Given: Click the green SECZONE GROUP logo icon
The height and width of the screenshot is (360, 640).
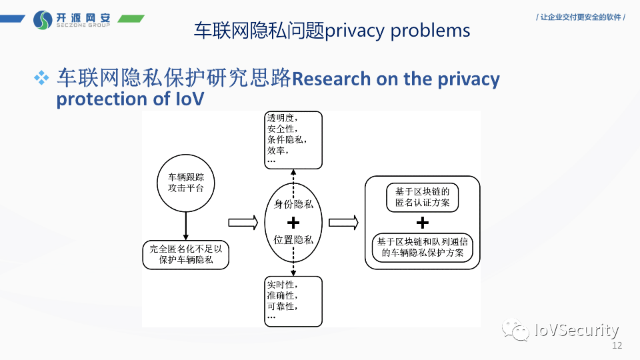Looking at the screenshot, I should click(x=43, y=19).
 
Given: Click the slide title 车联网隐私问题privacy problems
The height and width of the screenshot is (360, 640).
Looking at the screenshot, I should click(x=331, y=30).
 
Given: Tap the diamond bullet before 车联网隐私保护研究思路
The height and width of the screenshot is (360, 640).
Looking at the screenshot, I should click(x=43, y=78).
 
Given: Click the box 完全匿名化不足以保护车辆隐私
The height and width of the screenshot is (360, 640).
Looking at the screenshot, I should click(x=186, y=254).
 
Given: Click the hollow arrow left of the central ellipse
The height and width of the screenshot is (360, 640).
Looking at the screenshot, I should click(x=243, y=222).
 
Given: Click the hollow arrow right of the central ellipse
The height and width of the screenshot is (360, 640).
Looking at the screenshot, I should click(x=344, y=222).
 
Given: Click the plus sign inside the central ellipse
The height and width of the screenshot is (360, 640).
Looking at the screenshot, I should click(x=293, y=222).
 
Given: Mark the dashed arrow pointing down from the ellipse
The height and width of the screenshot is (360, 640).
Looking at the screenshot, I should click(x=293, y=267).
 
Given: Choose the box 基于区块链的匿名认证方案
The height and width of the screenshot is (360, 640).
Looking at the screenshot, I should click(x=423, y=197).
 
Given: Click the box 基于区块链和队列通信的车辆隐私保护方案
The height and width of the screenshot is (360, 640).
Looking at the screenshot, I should click(x=423, y=247).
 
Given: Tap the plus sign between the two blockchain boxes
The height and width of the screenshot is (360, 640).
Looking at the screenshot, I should click(x=423, y=222).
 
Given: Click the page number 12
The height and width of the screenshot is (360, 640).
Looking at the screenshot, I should click(x=616, y=346).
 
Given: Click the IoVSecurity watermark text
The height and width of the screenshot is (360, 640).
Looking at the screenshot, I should click(x=577, y=330).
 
